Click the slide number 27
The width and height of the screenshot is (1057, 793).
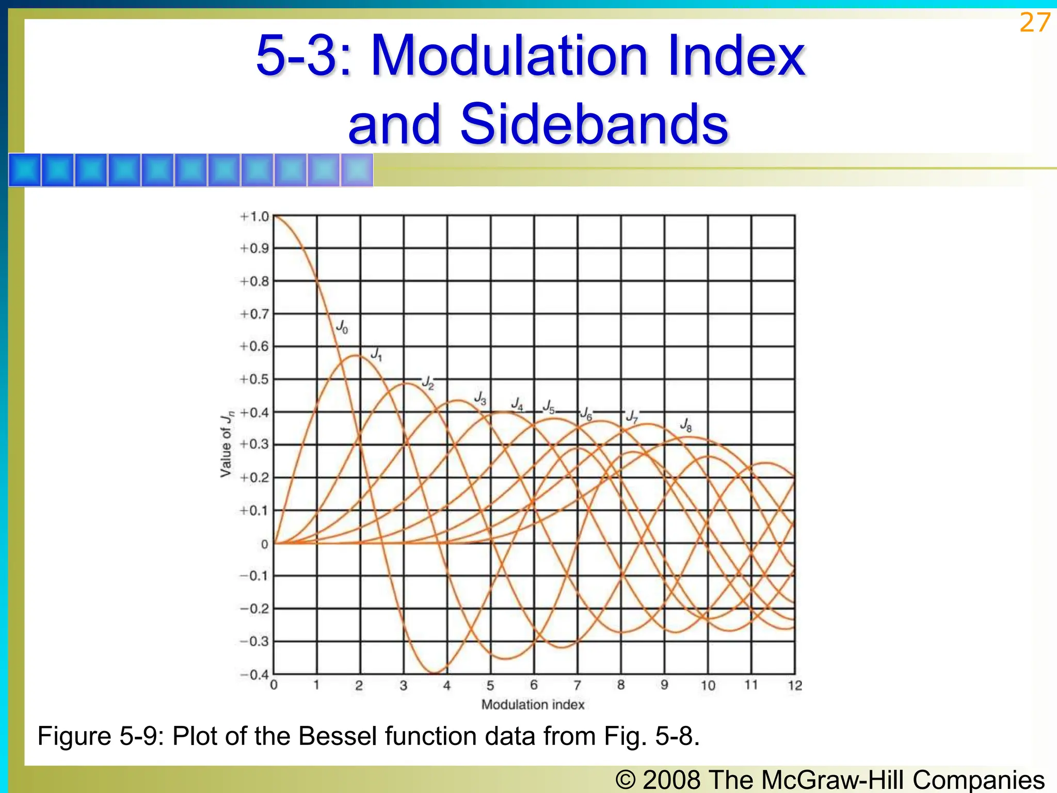coord(1034,23)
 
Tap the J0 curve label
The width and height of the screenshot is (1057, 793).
coord(342,326)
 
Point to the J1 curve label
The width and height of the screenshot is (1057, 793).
coord(377,354)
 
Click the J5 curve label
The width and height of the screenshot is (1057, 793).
coord(549,407)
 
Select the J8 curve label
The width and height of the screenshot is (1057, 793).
coord(686,424)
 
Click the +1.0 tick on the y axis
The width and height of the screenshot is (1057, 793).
coord(255,217)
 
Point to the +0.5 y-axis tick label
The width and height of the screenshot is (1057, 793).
coord(255,379)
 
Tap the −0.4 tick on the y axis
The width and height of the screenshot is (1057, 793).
coord(255,675)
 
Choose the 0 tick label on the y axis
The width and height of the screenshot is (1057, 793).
coord(265,544)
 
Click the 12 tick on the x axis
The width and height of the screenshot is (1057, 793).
coord(795,686)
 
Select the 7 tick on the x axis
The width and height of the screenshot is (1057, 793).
coord(578,685)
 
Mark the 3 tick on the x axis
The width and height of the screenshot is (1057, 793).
coord(404,686)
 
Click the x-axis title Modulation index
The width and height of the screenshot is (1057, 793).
coord(533,705)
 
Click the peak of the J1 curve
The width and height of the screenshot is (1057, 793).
coord(356,355)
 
